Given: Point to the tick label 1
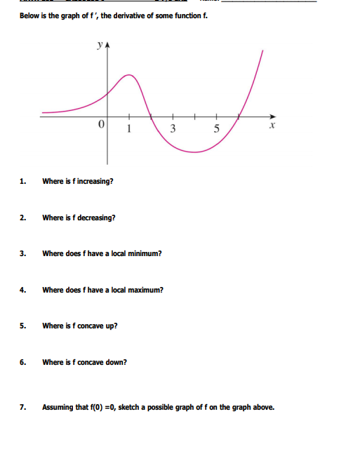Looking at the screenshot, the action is coord(128,128).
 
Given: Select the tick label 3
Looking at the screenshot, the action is coord(173,128).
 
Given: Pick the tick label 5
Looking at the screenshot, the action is coord(217,128).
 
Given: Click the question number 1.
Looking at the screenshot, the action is coord(23,181).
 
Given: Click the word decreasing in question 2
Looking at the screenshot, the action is coord(98,218).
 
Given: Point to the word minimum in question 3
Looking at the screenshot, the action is coord(144,253).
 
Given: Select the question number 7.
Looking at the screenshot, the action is coord(23,406).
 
